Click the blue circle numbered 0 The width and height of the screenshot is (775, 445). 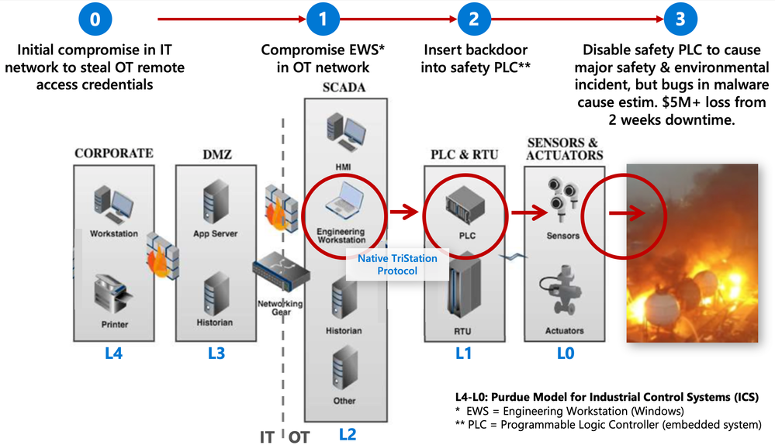coord(95,19)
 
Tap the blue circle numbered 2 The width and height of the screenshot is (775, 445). coord(474,19)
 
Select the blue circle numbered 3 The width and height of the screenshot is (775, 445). coord(681,19)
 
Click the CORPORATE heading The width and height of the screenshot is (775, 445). coord(114,153)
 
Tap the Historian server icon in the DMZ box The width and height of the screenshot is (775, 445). coord(214,295)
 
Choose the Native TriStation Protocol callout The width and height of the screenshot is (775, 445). coord(397,264)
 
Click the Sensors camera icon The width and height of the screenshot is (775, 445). coord(562,198)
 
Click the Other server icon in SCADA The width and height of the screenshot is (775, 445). coord(344,367)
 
